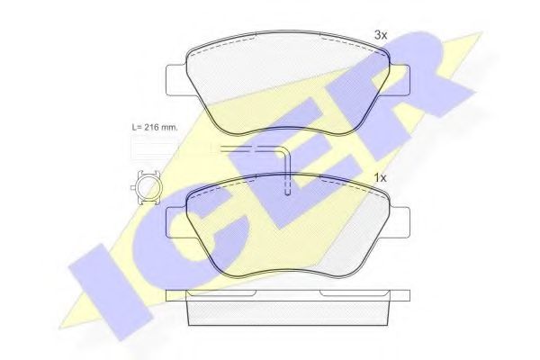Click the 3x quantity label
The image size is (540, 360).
pyautogui.click(x=381, y=35)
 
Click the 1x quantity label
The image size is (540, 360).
pyautogui.click(x=381, y=178)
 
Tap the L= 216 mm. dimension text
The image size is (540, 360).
pyautogui.click(x=155, y=127)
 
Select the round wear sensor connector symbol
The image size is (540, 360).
pyautogui.click(x=145, y=188)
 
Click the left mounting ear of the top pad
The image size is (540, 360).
pyautogui.click(x=176, y=80)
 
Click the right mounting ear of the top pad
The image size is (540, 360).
pyautogui.click(x=400, y=80)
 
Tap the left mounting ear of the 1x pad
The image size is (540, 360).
pyautogui.click(x=176, y=222)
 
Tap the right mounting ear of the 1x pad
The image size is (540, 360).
pyautogui.click(x=400, y=222)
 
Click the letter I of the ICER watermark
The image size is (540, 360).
pyautogui.click(x=110, y=291)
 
